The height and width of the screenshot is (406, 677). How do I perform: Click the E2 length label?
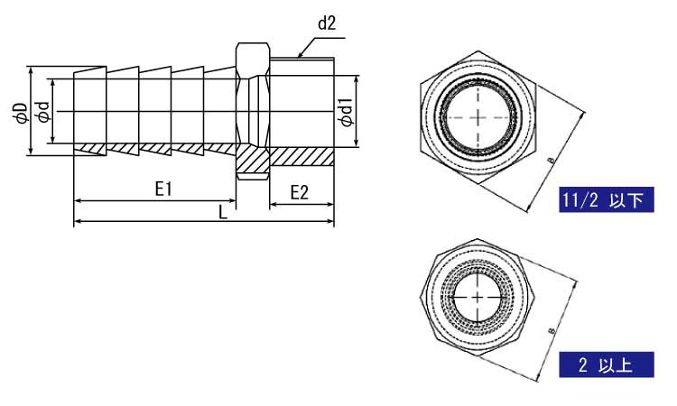pos(301,192)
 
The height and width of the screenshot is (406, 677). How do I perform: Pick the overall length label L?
pos(223,212)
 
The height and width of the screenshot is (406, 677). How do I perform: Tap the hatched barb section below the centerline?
pos(153,150)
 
